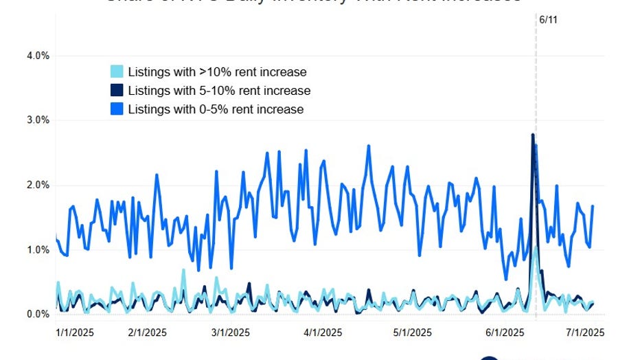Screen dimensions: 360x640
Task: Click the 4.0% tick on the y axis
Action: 37,56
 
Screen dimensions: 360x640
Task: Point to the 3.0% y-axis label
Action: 37,120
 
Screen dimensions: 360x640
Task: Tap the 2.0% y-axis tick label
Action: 37,185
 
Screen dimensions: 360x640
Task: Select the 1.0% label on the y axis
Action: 37,250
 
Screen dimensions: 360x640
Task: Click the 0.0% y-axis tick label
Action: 37,315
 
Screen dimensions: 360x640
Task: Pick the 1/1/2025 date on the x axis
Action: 74,333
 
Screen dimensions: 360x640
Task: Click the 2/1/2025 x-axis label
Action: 148,333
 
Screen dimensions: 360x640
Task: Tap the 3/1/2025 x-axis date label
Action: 230,333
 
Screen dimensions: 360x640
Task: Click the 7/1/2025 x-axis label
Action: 584,333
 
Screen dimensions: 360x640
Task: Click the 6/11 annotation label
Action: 548,20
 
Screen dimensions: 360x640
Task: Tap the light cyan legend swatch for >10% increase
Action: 117,71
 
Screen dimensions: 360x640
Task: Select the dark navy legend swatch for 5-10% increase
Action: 117,90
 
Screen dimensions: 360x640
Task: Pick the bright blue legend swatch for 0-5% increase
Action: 117,109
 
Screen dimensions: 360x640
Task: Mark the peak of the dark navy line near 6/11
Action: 532,135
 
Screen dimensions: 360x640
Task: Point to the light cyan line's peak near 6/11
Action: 536,247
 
